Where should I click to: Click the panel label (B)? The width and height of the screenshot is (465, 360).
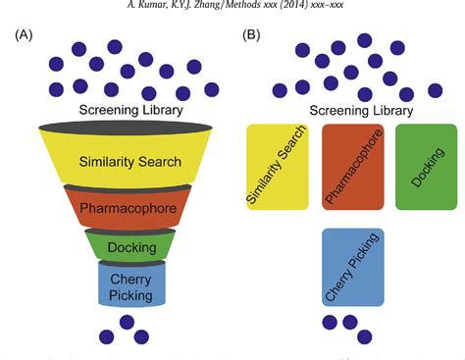[250, 36]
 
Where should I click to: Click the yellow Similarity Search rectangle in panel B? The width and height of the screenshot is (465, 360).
[279, 167]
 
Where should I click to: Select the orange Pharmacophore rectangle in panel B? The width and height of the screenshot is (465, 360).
[352, 167]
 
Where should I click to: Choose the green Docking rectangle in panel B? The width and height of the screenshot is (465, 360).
[425, 167]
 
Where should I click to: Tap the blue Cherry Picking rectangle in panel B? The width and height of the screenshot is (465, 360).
[352, 266]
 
